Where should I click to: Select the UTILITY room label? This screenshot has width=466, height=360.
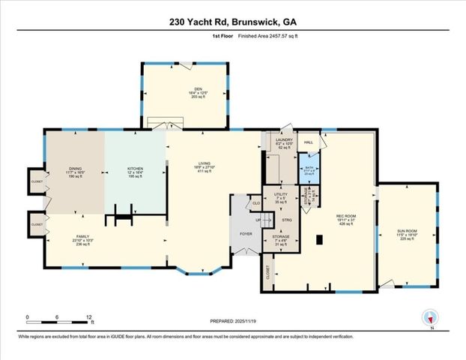(x=280, y=195)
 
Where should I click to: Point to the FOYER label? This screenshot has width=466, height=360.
(x=246, y=232)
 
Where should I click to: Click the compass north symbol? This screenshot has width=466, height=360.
(x=429, y=317)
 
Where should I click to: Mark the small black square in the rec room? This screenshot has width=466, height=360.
(x=320, y=241)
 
